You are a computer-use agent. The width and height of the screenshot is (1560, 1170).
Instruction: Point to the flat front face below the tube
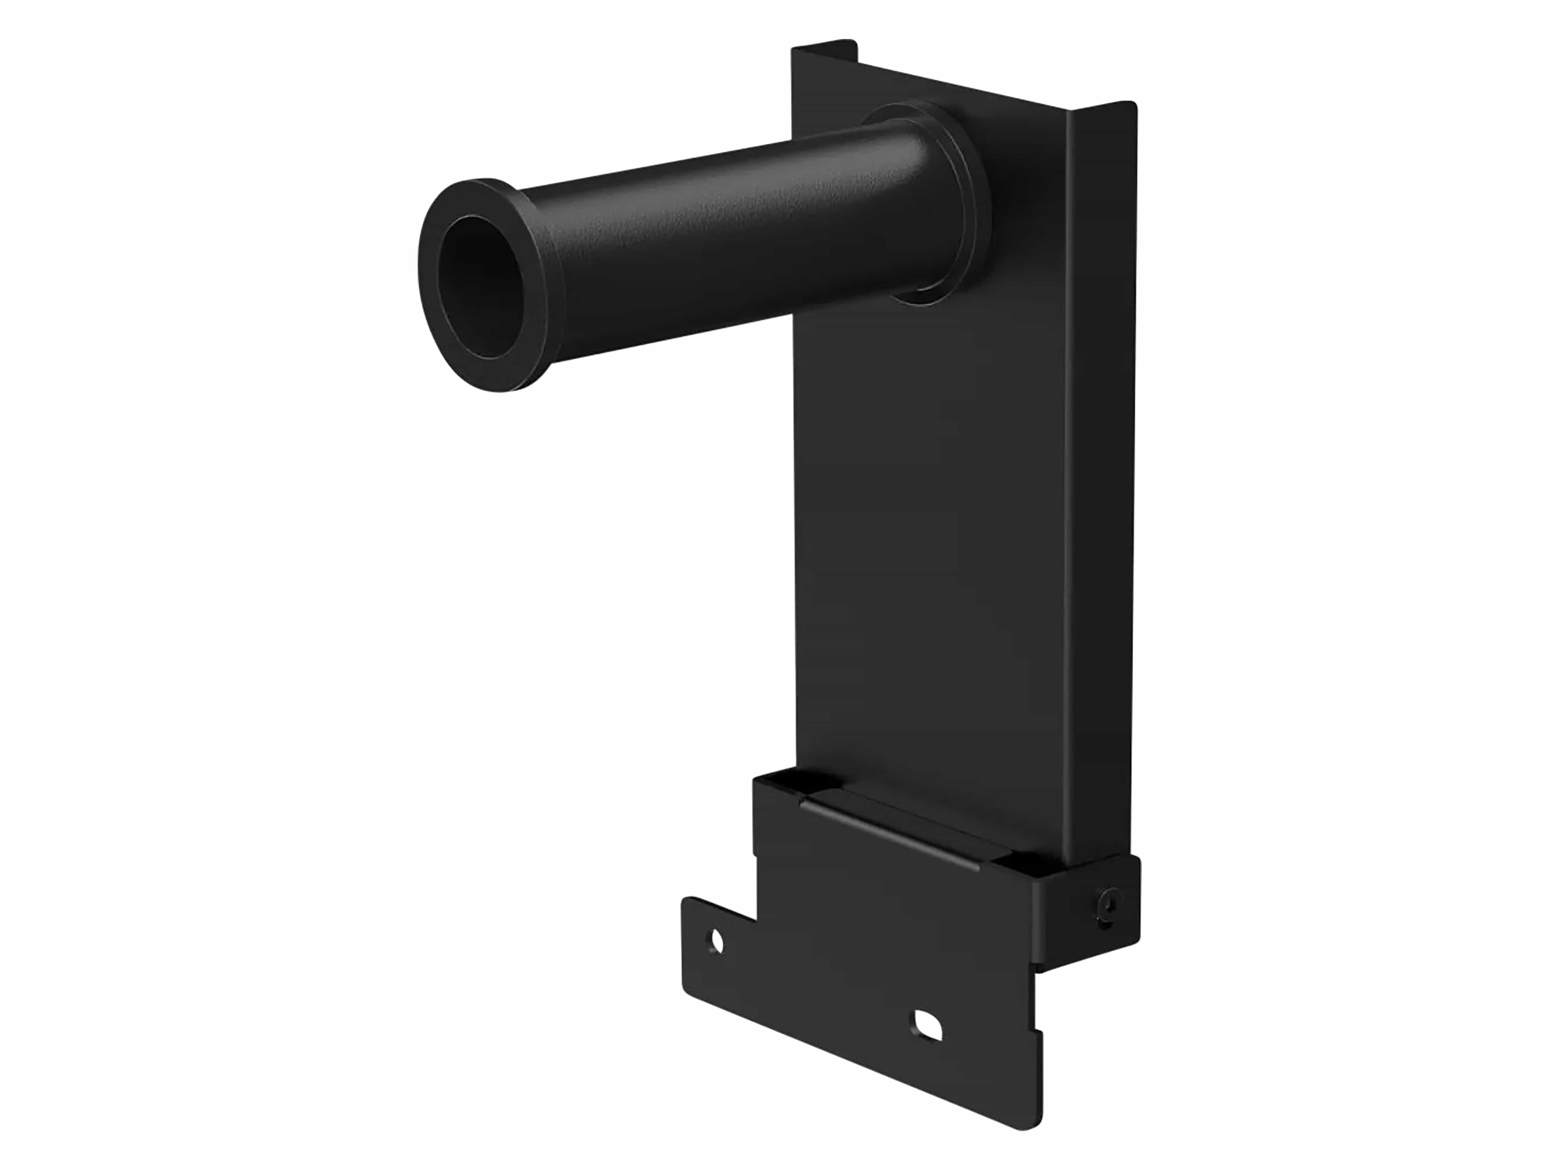pyautogui.click(x=931, y=529)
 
